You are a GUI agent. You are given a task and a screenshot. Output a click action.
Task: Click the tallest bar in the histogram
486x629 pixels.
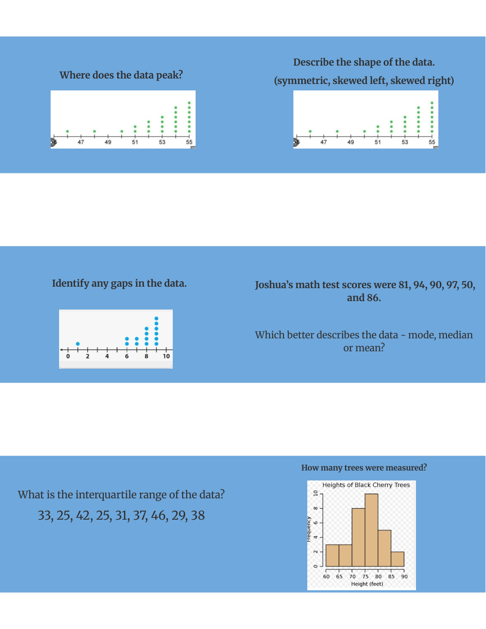(371, 530)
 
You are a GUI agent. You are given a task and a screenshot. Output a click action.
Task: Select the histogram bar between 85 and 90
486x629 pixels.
(398, 559)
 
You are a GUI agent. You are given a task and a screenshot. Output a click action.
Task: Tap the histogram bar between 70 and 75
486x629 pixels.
(358, 537)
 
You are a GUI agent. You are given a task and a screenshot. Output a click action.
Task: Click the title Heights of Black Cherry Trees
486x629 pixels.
(366, 485)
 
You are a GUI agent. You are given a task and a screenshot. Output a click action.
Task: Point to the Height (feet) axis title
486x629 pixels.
(367, 584)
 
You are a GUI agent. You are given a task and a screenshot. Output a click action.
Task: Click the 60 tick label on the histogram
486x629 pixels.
(326, 577)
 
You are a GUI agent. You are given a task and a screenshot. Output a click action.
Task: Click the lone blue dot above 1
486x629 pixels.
(78, 343)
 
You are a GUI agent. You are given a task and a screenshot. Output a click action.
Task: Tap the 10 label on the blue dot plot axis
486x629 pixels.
(166, 356)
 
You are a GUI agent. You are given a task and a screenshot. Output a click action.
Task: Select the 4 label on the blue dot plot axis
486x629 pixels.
(107, 356)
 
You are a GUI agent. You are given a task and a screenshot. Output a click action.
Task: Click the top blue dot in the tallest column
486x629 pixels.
(156, 318)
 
